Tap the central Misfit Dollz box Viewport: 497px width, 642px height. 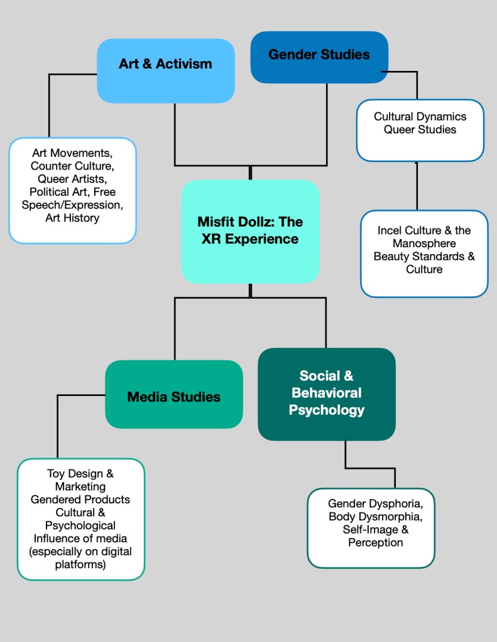point(250,230)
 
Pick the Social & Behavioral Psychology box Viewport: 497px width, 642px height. point(326,393)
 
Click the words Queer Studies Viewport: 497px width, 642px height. point(420,129)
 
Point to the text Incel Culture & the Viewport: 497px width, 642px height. point(423,230)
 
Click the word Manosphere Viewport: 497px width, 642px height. point(424,243)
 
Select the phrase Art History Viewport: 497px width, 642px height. point(72,218)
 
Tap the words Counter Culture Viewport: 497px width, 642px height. point(72,166)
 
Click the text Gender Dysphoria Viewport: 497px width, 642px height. point(371,503)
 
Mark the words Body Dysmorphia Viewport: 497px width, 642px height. point(371,516)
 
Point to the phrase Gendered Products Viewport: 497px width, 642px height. point(80,500)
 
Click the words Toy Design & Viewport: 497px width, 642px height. point(80,473)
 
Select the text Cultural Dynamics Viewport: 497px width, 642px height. point(420,117)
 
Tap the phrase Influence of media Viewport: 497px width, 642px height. point(80,538)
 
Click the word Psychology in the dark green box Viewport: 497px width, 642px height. point(326,410)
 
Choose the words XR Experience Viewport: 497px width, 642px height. point(250,238)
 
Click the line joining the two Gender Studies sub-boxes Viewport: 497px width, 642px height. point(416,186)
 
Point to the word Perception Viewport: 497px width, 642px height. point(375,542)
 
